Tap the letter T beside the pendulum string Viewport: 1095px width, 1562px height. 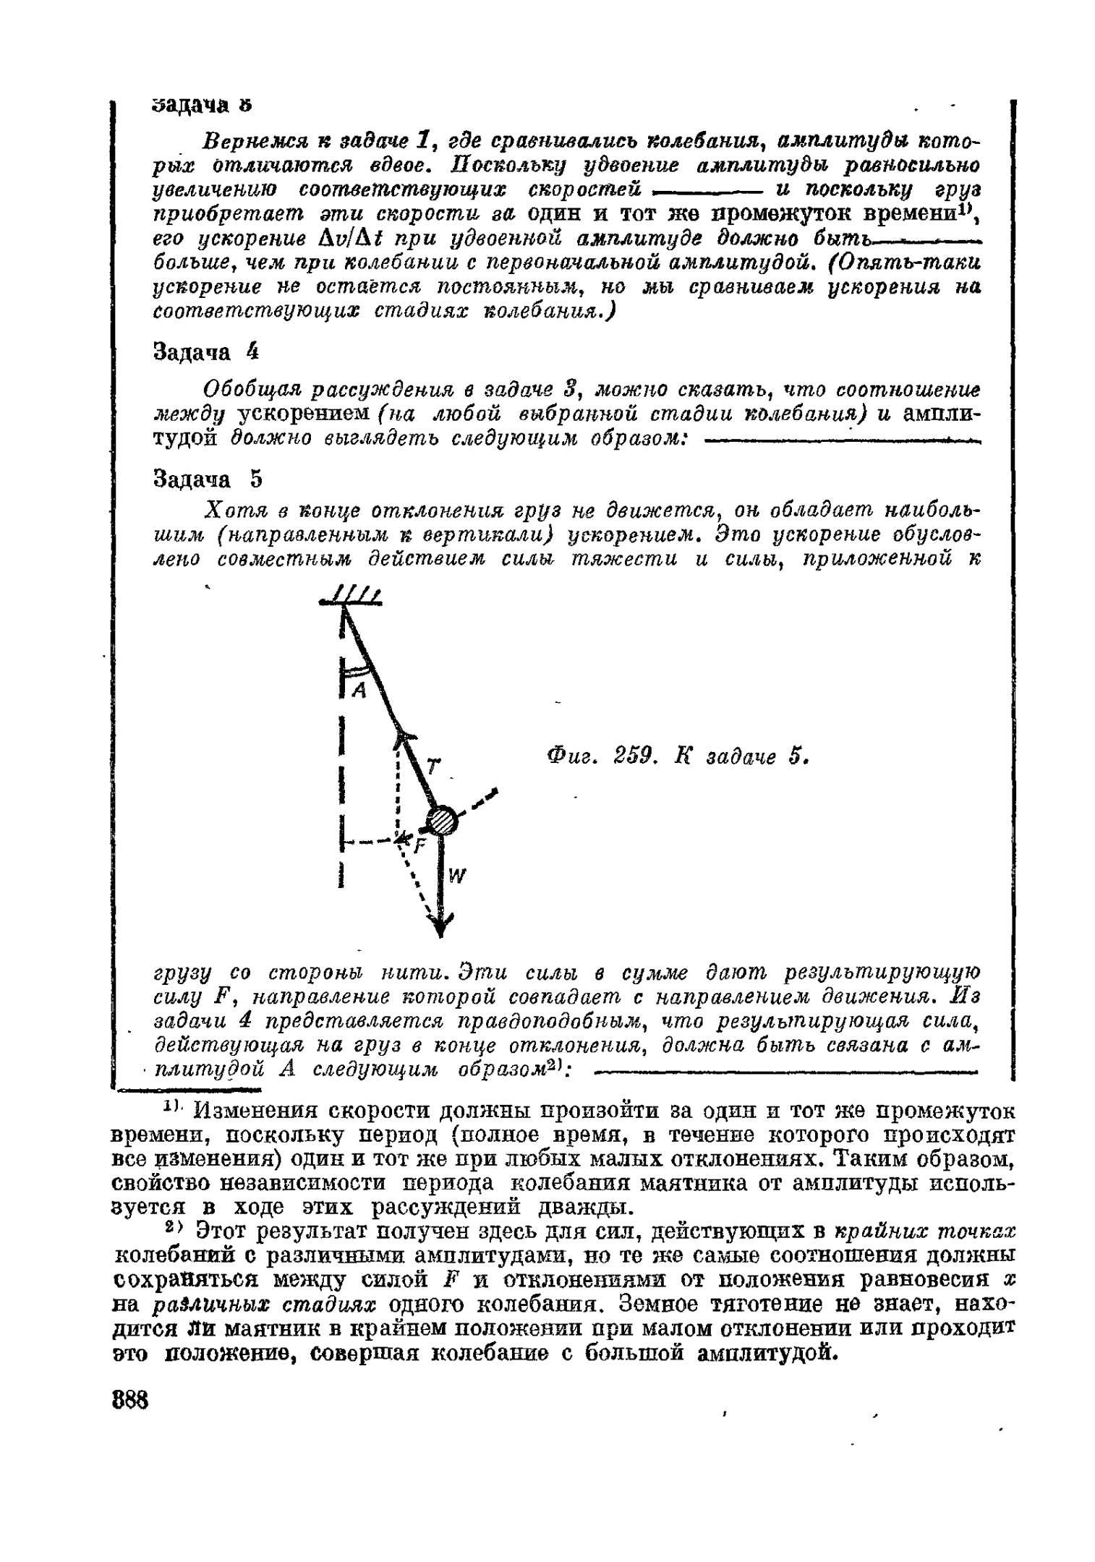[432, 767]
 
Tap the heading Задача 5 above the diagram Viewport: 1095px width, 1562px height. [205, 479]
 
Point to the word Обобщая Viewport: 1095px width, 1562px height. [252, 390]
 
